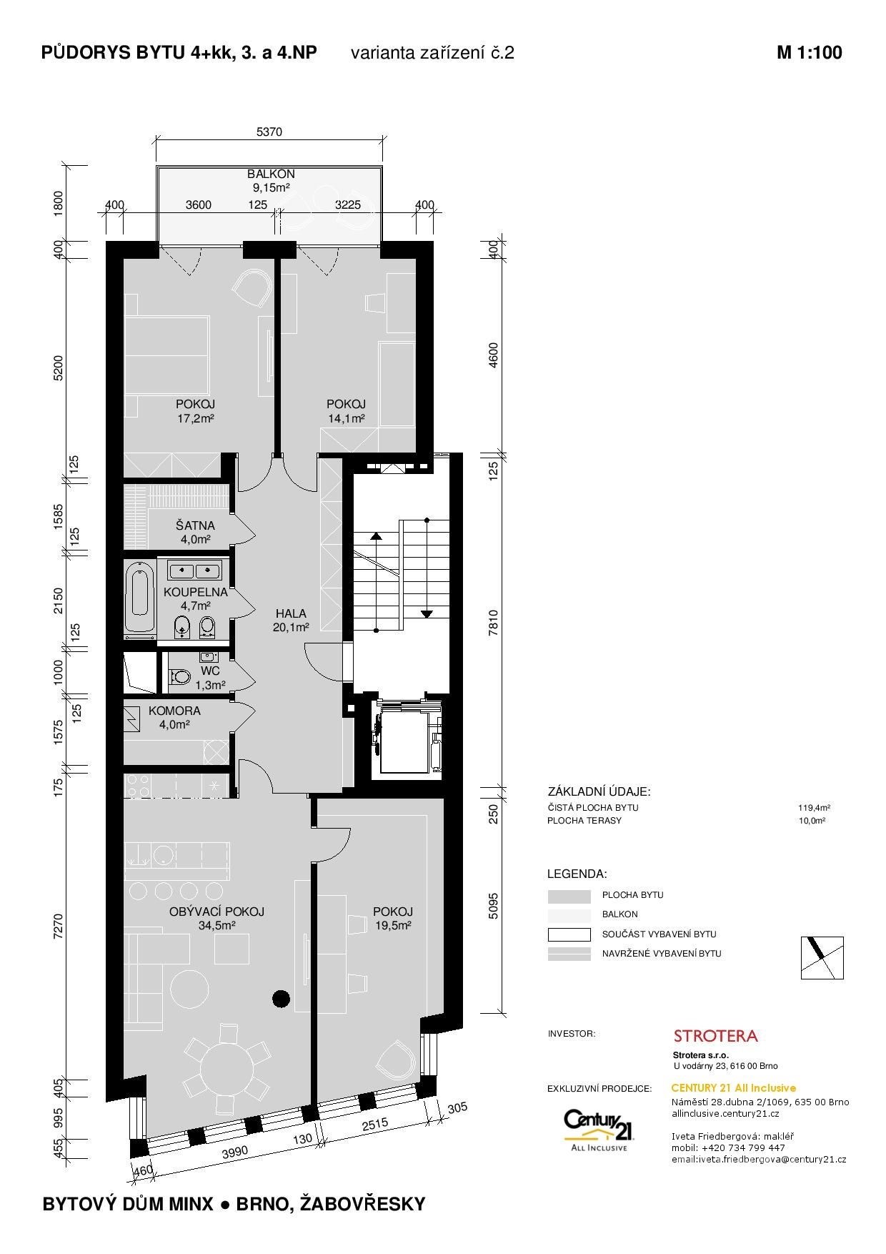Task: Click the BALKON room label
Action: point(271,174)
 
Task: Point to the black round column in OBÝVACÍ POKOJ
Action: point(281,997)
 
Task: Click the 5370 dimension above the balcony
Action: point(269,132)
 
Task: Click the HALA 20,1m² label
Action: point(290,621)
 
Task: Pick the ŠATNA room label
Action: point(195,525)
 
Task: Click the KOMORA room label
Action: point(174,711)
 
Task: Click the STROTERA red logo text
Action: point(716,1035)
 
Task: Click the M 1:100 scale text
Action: point(810,52)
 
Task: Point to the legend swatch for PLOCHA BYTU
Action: point(569,895)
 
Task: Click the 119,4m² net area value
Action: point(814,808)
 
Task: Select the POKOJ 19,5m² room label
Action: point(393,918)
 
